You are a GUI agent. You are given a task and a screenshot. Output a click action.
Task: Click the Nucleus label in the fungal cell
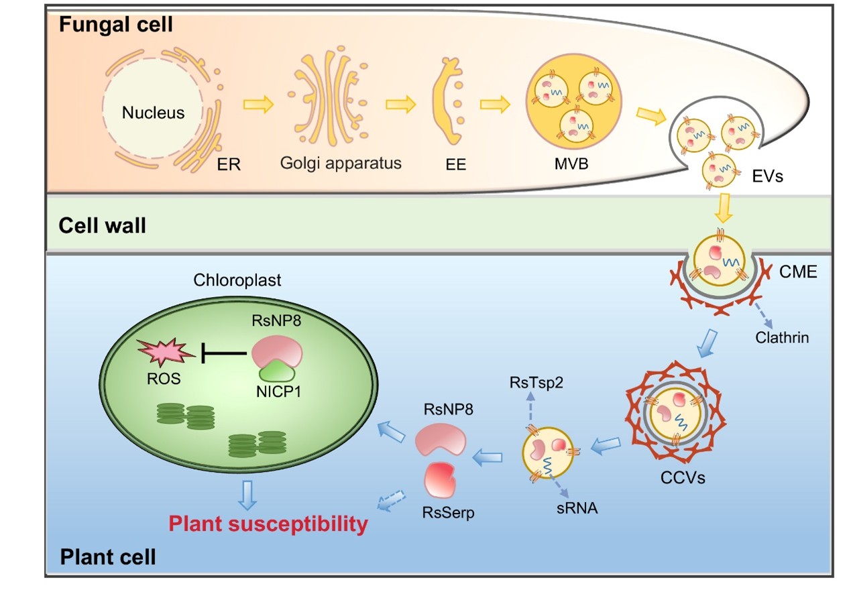(x=153, y=113)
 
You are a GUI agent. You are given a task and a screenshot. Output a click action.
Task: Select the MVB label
(x=570, y=162)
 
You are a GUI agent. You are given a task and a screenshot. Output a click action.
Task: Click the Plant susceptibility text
(x=268, y=524)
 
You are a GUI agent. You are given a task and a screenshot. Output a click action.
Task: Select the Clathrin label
(x=781, y=338)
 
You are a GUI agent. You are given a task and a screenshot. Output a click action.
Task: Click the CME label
(x=797, y=273)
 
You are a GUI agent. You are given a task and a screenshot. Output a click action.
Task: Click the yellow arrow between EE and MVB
(x=496, y=105)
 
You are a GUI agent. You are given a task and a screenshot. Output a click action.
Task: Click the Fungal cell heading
(x=116, y=25)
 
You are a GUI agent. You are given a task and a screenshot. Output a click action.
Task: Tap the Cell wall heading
(x=103, y=225)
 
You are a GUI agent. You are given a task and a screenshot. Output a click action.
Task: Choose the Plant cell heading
(x=108, y=556)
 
